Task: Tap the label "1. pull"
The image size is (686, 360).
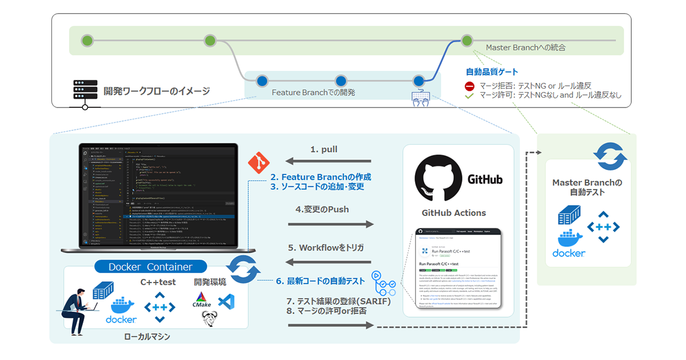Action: click(324, 149)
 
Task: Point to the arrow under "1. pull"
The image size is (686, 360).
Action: click(329, 162)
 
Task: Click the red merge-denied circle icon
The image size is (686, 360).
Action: click(469, 86)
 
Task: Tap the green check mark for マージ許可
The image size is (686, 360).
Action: click(469, 95)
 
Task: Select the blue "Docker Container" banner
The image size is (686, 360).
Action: click(150, 267)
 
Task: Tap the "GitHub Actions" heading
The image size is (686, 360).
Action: click(453, 213)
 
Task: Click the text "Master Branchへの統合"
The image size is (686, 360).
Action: click(525, 47)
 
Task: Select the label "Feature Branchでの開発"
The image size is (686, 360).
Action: click(313, 92)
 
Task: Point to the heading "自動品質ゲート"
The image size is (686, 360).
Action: click(492, 72)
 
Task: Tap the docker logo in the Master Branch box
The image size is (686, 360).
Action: click(568, 244)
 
